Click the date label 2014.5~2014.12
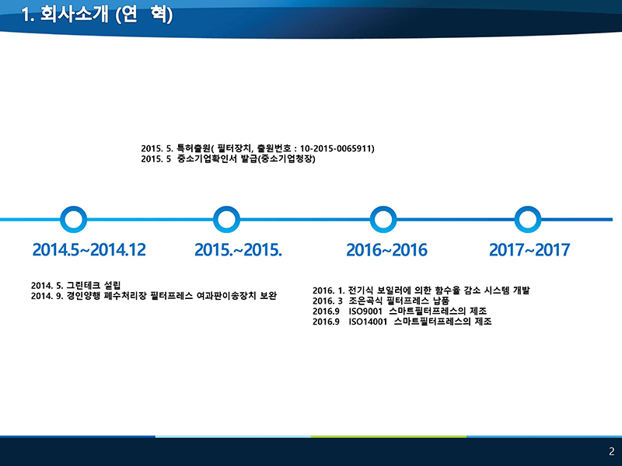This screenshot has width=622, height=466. (x=89, y=249)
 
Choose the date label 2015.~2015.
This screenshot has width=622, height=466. (x=238, y=249)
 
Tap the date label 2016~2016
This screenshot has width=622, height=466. (x=386, y=250)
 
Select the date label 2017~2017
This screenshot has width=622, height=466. (x=529, y=249)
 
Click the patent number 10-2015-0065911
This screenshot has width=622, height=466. (x=337, y=148)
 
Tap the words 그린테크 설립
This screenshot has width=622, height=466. (x=93, y=285)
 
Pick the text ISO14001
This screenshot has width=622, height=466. (x=368, y=322)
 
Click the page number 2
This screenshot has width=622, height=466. (x=612, y=451)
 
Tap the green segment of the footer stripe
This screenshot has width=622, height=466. (x=389, y=436)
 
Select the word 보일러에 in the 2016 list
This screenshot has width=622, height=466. (x=393, y=290)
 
